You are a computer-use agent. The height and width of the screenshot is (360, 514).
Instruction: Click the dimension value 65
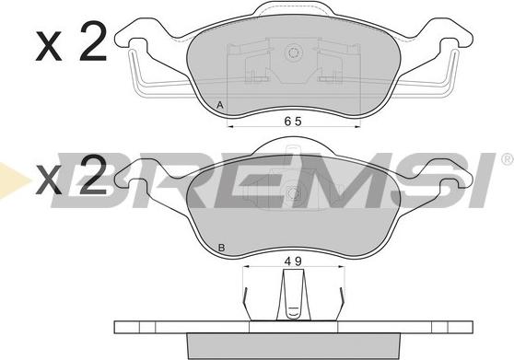coord(293,122)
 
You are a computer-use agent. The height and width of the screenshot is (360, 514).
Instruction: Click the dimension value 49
coord(293,261)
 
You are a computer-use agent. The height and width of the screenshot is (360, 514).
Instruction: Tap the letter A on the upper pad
coord(220,105)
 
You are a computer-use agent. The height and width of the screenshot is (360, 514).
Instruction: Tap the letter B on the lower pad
coord(221,248)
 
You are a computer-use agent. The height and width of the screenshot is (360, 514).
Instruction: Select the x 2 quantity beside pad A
coord(71,41)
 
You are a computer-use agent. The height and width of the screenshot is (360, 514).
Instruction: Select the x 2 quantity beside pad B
coord(71,175)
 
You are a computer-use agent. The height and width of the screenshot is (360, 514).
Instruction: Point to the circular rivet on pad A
coord(293,52)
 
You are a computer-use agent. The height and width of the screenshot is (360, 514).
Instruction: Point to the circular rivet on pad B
coord(294,193)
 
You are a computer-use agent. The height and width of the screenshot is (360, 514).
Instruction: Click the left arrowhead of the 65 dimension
coord(231,126)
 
